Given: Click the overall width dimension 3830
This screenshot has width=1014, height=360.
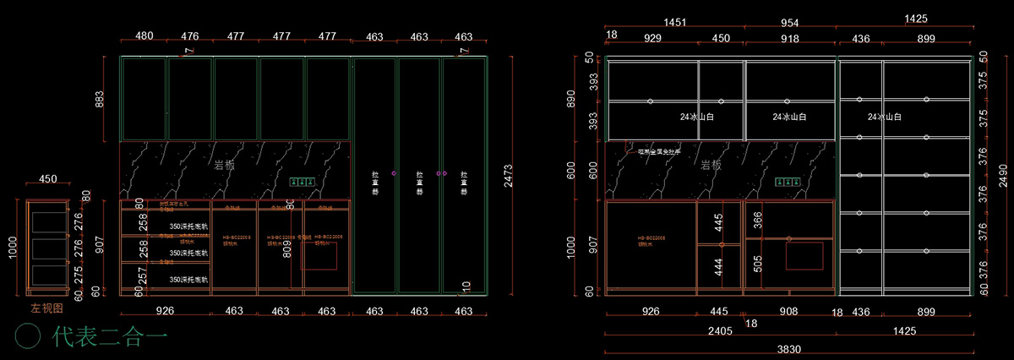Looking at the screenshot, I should (x=789, y=349).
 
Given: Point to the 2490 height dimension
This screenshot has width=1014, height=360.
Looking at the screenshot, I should (x=1002, y=176).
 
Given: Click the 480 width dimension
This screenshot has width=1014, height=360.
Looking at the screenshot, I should (x=144, y=36).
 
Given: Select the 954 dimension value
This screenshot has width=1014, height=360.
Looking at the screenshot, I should (x=789, y=21).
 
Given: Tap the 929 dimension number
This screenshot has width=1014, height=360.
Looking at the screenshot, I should (x=652, y=38).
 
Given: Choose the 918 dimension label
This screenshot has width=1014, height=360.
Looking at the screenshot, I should (x=789, y=38).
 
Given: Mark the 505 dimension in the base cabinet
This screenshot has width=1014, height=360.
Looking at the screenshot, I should (x=757, y=265).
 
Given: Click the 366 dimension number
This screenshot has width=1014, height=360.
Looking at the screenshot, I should (x=757, y=220).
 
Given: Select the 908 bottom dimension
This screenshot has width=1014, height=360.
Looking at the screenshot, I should (x=789, y=312).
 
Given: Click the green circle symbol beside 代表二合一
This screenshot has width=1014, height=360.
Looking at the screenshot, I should (x=29, y=335).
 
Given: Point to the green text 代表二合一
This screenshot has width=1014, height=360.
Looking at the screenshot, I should (x=110, y=336).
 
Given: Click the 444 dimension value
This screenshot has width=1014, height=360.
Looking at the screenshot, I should (x=719, y=267).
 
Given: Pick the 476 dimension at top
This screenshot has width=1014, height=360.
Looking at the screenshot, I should (x=190, y=36).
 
